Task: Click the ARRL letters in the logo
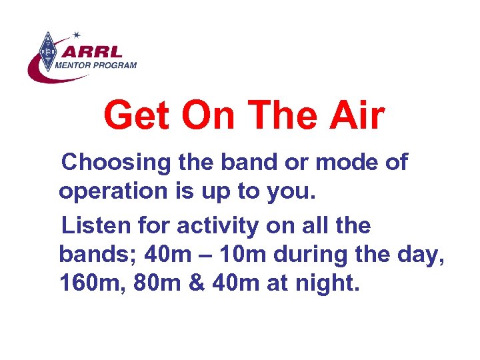pyautogui.click(x=93, y=51)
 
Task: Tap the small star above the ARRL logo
pyautogui.click(x=77, y=34)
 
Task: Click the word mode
pyautogui.click(x=349, y=162)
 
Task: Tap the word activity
pyautogui.click(x=217, y=226)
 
